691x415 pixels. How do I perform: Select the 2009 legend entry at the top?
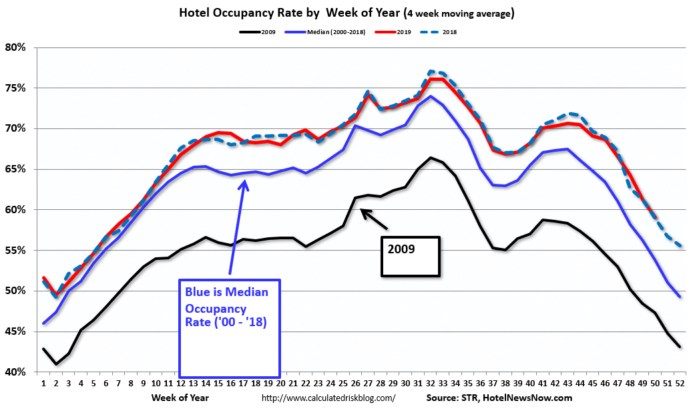pos(257,32)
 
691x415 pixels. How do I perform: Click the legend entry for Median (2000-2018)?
pos(325,32)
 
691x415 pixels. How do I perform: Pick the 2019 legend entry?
pos(393,32)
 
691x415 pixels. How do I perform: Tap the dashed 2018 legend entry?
pos(439,32)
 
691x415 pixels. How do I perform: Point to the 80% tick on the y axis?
pos(16,47)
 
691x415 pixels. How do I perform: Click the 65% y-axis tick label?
pos(16,169)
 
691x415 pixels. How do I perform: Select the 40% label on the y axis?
pos(16,372)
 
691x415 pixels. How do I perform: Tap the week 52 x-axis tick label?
pos(680,384)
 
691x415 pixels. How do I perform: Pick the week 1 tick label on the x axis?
pos(43,384)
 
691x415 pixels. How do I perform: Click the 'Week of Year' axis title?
pos(180,398)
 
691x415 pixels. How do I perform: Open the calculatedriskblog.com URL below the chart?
pos(328,398)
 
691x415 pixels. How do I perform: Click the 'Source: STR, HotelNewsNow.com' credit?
pos(499,398)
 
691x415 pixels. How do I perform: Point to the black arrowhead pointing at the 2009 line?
pos(364,212)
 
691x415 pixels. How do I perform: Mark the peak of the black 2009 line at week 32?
pos(431,158)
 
